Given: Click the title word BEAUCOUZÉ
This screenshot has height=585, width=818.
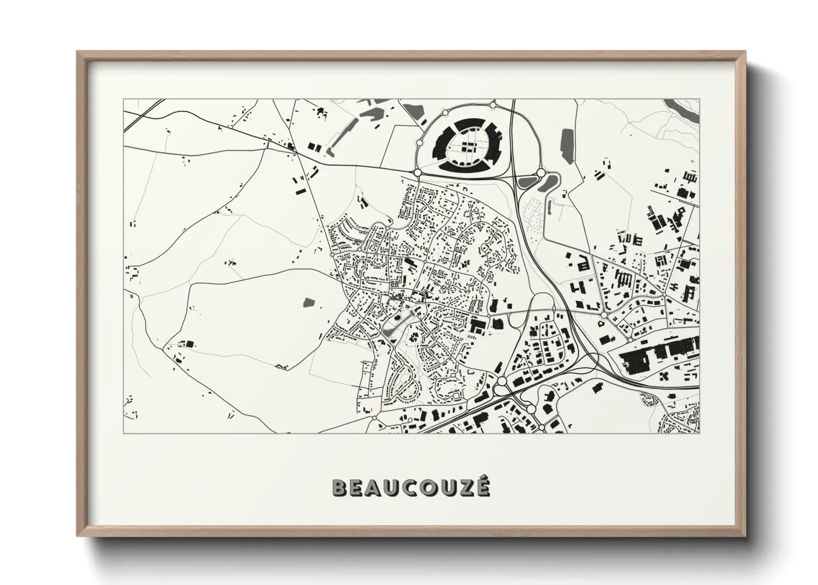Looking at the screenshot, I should pyautogui.click(x=410, y=487).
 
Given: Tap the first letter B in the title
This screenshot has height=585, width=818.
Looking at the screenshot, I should pyautogui.click(x=339, y=487).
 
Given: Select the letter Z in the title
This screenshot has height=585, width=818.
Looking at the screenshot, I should pyautogui.click(x=463, y=487).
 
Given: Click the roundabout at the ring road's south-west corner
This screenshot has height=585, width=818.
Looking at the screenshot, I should pyautogui.click(x=417, y=173).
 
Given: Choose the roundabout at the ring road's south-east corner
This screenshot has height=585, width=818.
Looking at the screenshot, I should pyautogui.click(x=541, y=174).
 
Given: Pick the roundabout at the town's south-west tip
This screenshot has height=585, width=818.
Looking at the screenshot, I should pyautogui.click(x=375, y=417).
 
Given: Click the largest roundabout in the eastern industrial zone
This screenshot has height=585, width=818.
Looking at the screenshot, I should pyautogui.click(x=603, y=316).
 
